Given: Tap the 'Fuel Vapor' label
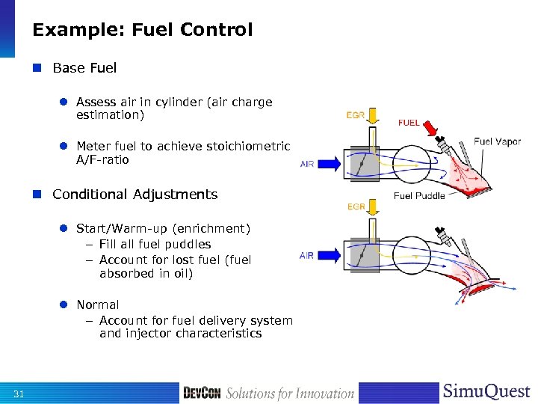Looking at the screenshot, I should click(497, 141).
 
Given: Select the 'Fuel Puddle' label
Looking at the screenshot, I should click(419, 196).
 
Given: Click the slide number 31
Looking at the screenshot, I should click(19, 394).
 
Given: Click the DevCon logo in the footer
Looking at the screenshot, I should click(202, 393).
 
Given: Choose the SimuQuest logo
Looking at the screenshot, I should click(486, 392).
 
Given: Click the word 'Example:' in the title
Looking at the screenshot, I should click(79, 30).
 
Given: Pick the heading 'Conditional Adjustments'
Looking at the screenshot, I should click(134, 195).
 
